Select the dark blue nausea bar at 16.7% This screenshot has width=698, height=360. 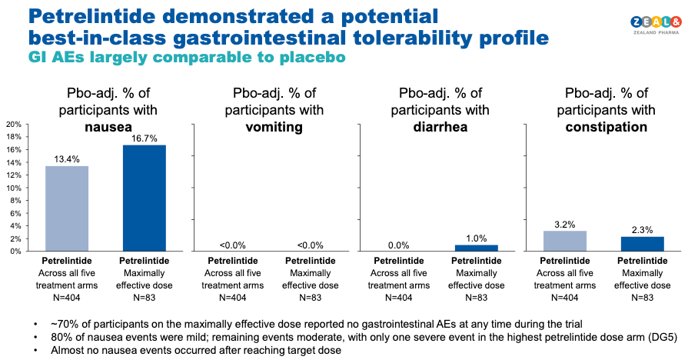pos(144,198)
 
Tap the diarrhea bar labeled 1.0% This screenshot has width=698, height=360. pos(477,248)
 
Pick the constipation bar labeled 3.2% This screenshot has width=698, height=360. pos(565,241)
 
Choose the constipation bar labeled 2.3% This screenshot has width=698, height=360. pos(642,244)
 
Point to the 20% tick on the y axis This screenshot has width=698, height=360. pos(13,124)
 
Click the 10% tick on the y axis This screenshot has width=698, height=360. pos(13,188)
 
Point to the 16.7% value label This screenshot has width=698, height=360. pos(144,138)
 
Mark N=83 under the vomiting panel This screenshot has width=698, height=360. pos(310,295)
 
